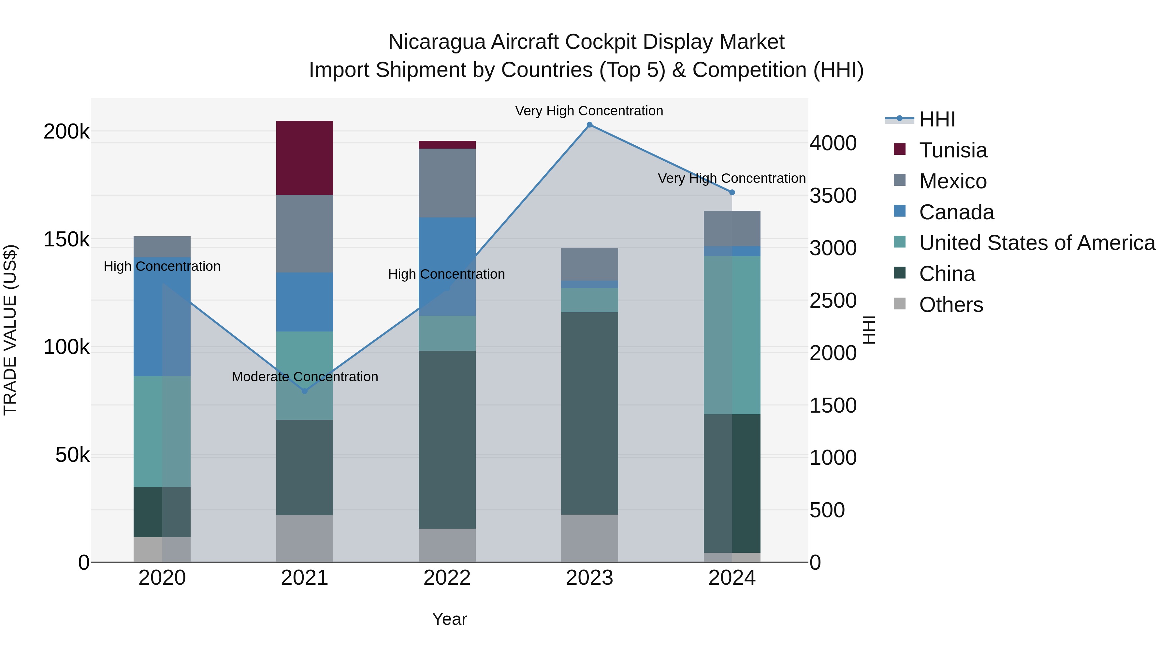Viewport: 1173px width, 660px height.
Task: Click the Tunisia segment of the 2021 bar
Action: pos(305,158)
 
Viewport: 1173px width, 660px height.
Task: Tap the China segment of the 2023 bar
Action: pos(589,413)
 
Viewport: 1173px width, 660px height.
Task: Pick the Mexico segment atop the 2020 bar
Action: pos(162,246)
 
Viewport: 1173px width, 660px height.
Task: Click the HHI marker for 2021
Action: pos(305,391)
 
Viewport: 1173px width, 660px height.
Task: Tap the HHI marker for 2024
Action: pos(732,192)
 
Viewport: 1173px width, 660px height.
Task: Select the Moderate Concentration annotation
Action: pos(305,377)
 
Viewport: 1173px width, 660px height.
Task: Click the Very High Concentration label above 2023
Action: pos(589,111)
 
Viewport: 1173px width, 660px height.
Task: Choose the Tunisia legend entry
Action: pos(953,150)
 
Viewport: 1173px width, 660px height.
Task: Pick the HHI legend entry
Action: pos(937,119)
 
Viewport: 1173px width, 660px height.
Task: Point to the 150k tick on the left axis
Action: pos(66,240)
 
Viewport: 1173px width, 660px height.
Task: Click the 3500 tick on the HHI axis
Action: pos(833,196)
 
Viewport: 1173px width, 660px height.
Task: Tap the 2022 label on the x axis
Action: pos(447,578)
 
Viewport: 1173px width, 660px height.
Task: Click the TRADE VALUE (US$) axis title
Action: pos(10,330)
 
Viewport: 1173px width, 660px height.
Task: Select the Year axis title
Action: pos(449,619)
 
